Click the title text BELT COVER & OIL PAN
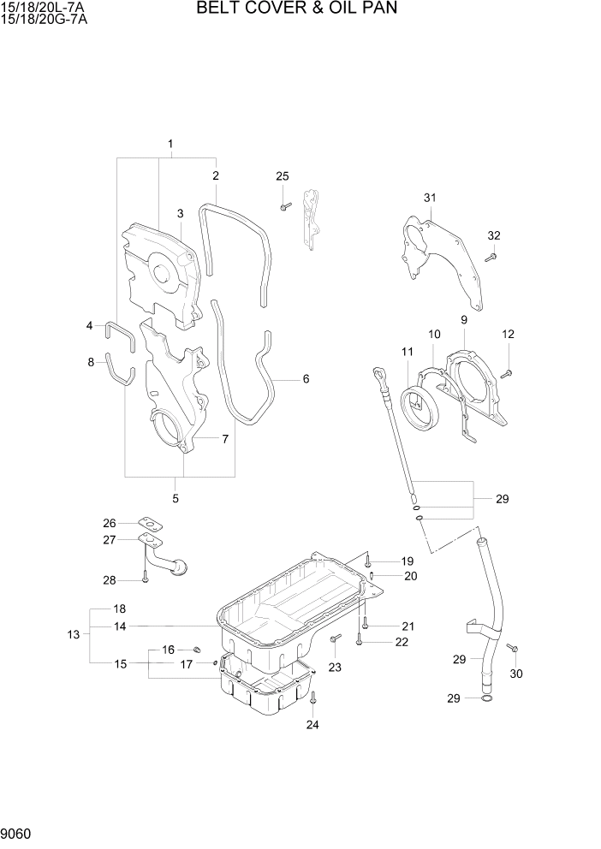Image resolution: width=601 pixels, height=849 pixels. pyautogui.click(x=297, y=9)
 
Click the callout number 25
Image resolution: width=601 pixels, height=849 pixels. pyautogui.click(x=283, y=176)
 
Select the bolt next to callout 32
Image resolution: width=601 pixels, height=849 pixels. pyautogui.click(x=491, y=255)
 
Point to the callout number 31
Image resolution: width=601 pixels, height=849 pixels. pyautogui.click(x=430, y=198)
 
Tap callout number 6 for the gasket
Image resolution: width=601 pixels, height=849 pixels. pyautogui.click(x=306, y=378)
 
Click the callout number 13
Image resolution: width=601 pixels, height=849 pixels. pyautogui.click(x=73, y=634)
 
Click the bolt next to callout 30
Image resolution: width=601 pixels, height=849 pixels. pyautogui.click(x=512, y=649)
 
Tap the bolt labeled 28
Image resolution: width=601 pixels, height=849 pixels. pyautogui.click(x=145, y=578)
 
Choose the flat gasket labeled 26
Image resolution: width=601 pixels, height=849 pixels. pyautogui.click(x=149, y=524)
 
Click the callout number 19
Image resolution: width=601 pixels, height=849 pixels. pyautogui.click(x=408, y=561)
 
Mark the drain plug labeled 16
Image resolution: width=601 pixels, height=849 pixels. pyautogui.click(x=195, y=651)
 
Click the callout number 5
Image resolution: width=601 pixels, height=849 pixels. pyautogui.click(x=176, y=498)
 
